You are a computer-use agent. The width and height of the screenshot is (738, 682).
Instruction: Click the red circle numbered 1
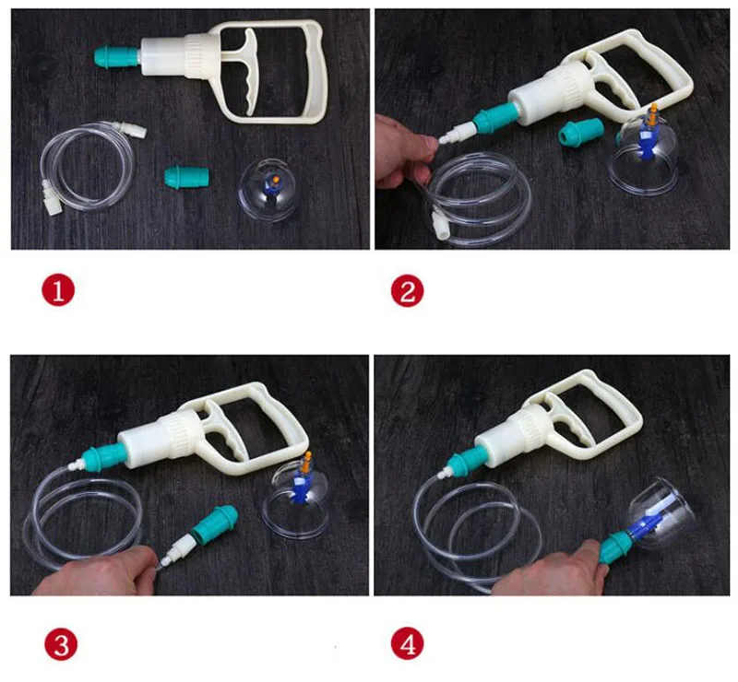[58, 290]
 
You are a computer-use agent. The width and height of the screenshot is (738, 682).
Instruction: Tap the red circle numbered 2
[408, 290]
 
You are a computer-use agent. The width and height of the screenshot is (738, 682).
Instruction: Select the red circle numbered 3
[61, 644]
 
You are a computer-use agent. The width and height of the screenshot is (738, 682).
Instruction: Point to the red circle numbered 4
[408, 644]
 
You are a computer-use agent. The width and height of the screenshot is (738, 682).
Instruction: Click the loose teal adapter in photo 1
[187, 176]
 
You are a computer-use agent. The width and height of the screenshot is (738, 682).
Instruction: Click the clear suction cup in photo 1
[268, 190]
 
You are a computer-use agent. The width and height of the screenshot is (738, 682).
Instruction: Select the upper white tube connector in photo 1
[132, 128]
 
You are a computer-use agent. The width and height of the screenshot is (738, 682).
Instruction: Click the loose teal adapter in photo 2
[581, 131]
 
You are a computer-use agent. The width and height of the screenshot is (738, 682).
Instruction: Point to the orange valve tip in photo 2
[653, 115]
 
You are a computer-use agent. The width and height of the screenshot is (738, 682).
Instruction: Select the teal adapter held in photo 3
[214, 523]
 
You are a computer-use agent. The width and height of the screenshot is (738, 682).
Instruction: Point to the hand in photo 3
[99, 571]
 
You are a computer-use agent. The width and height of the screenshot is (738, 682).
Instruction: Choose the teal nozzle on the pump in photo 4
[465, 458]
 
